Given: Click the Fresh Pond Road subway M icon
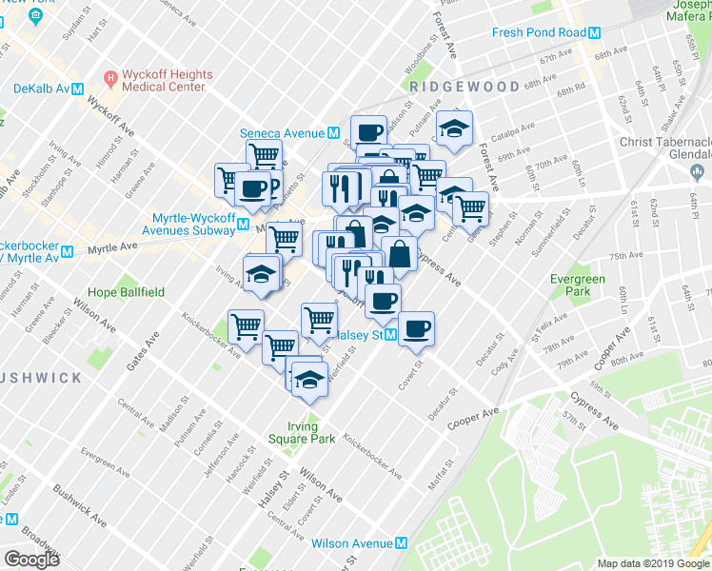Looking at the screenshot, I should tap(595, 32).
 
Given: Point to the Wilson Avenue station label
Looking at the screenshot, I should tap(351, 543).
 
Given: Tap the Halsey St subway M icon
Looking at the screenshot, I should tap(390, 335).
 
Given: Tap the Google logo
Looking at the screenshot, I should tap(31, 560).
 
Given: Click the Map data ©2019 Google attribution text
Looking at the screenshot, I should tap(653, 563).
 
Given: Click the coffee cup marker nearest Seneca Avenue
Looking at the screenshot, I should tap(368, 131).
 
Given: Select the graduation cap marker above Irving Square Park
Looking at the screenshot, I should tap(308, 378).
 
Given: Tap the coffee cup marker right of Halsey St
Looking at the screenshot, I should tap(416, 328).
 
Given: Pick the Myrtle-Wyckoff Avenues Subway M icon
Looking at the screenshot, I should tap(244, 226).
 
